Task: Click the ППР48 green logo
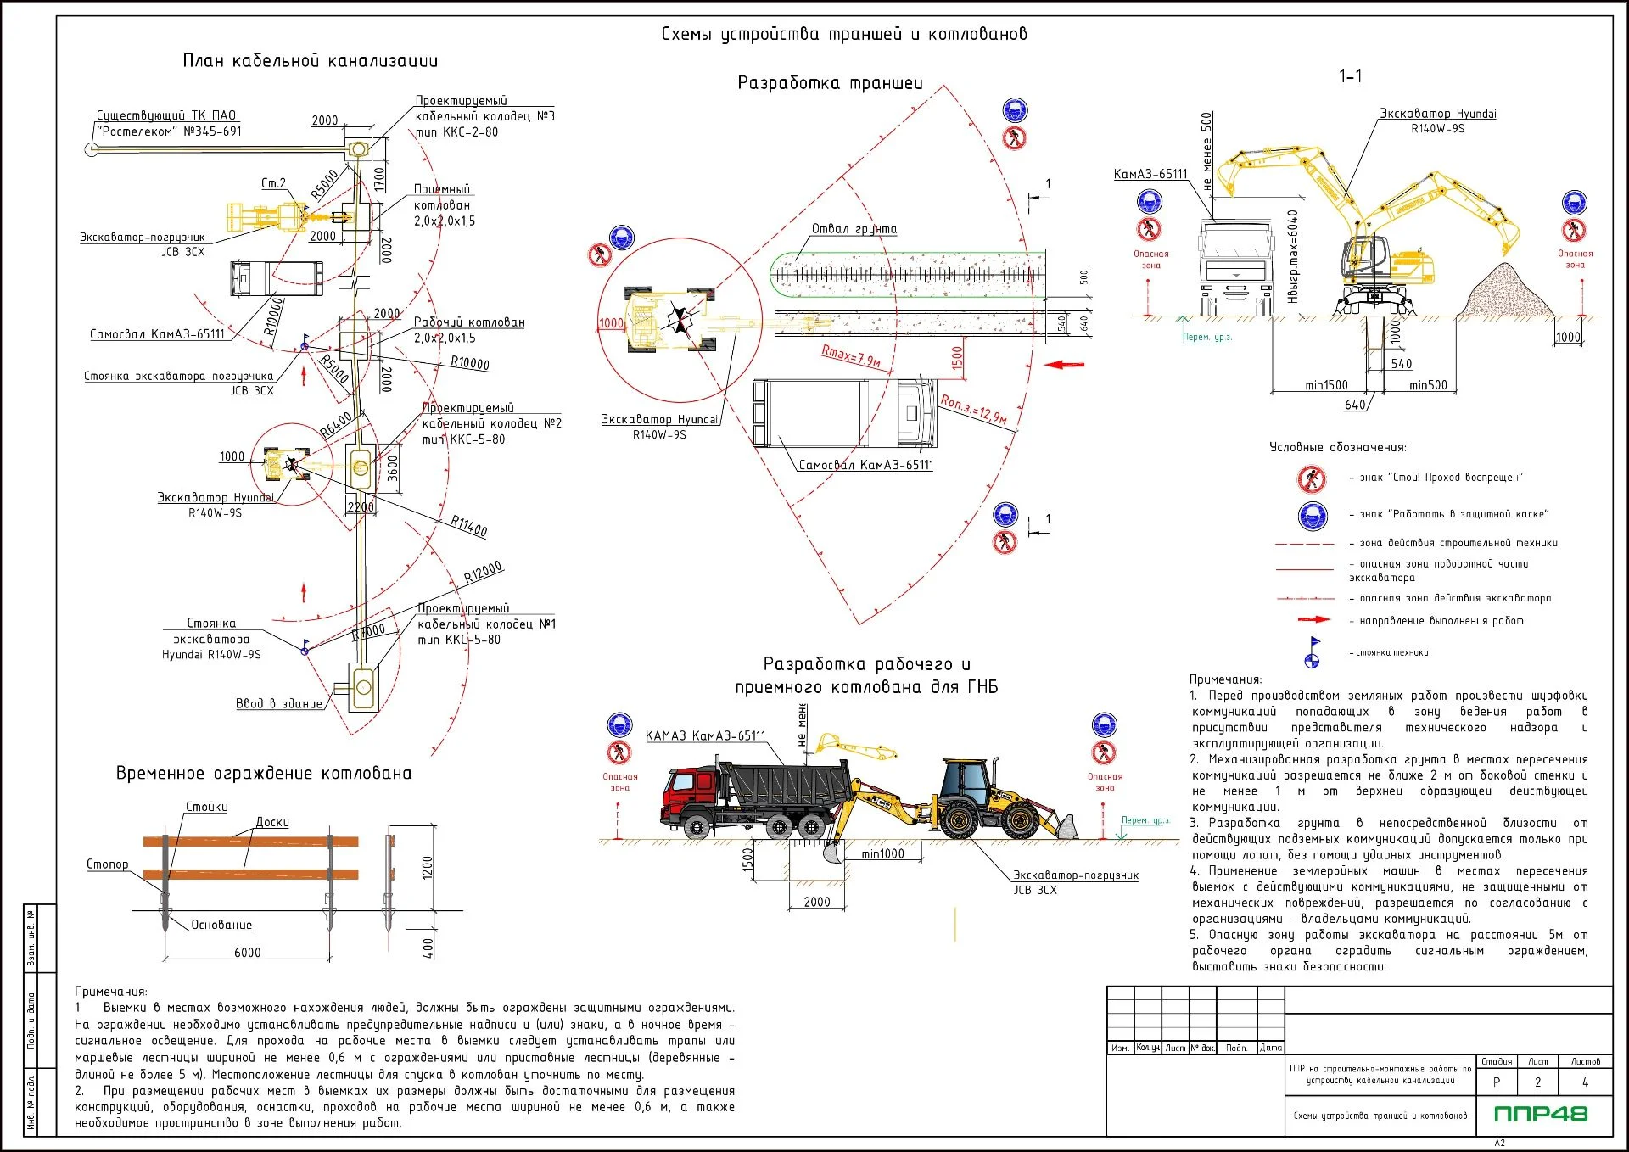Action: pyautogui.click(x=1540, y=1114)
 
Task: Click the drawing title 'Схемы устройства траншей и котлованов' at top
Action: pyautogui.click(x=843, y=34)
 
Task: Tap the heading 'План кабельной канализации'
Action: pyautogui.click(x=310, y=61)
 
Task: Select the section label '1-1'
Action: pyautogui.click(x=1350, y=76)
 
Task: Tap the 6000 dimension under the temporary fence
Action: pyautogui.click(x=247, y=953)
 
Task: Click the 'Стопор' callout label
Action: pyautogui.click(x=108, y=864)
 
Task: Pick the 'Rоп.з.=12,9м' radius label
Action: pyautogui.click(x=973, y=408)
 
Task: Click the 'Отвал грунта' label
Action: pyautogui.click(x=854, y=229)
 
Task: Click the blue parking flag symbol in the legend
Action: pyautogui.click(x=1313, y=651)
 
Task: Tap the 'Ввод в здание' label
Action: pyautogui.click(x=278, y=703)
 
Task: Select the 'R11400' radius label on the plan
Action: pyautogui.click(x=468, y=526)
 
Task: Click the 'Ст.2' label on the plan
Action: pyautogui.click(x=273, y=183)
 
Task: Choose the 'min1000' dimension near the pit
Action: pyautogui.click(x=882, y=854)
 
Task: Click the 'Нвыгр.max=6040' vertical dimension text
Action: pyautogui.click(x=1292, y=256)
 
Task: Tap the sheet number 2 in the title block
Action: pyautogui.click(x=1537, y=1082)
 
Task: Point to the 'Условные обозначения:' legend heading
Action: pyautogui.click(x=1337, y=447)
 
